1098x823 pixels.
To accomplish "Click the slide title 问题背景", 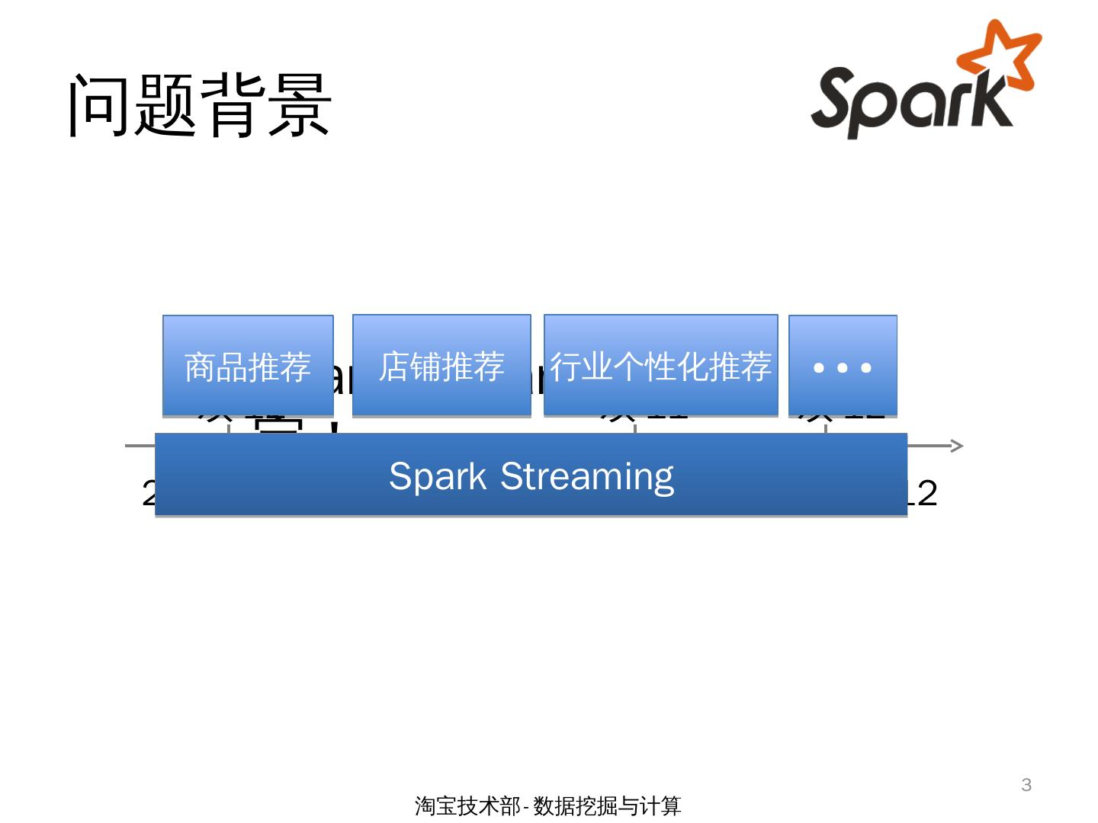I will (x=200, y=106).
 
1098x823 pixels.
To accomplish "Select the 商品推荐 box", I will (x=248, y=366).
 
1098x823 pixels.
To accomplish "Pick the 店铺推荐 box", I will (x=441, y=365).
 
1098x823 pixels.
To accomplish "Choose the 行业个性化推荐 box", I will (x=660, y=365).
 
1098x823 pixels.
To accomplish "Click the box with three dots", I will (x=843, y=366).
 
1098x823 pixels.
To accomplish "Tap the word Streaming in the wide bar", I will (x=587, y=477).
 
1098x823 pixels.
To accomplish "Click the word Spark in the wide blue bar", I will (x=438, y=477).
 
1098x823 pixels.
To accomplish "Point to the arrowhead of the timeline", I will (x=958, y=446).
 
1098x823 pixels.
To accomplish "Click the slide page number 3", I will (x=1026, y=785).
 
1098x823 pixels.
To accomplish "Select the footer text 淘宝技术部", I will (x=467, y=805).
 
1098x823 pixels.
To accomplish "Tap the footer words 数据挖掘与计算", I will (x=607, y=805).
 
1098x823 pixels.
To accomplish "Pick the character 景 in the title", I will (x=300, y=106).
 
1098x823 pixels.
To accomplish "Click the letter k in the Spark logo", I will (x=992, y=99).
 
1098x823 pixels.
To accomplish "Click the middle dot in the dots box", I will (x=843, y=367).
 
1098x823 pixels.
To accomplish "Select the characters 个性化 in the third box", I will (x=660, y=367).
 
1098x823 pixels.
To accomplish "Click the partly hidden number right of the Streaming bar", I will (x=923, y=494).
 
